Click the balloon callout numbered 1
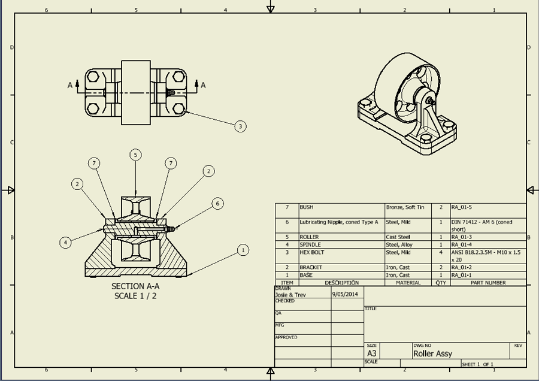[x=243, y=250]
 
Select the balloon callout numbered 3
[x=240, y=126]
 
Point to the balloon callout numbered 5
[x=136, y=155]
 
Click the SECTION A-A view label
[x=135, y=286]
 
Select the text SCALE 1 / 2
[x=135, y=296]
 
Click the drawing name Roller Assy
[x=432, y=354]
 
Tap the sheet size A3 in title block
[x=372, y=354]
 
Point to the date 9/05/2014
[x=344, y=295]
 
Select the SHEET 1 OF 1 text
[x=477, y=364]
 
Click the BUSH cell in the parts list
[x=306, y=207]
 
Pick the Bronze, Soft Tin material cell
[x=405, y=207]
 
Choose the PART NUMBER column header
[x=488, y=283]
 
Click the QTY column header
[x=441, y=283]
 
